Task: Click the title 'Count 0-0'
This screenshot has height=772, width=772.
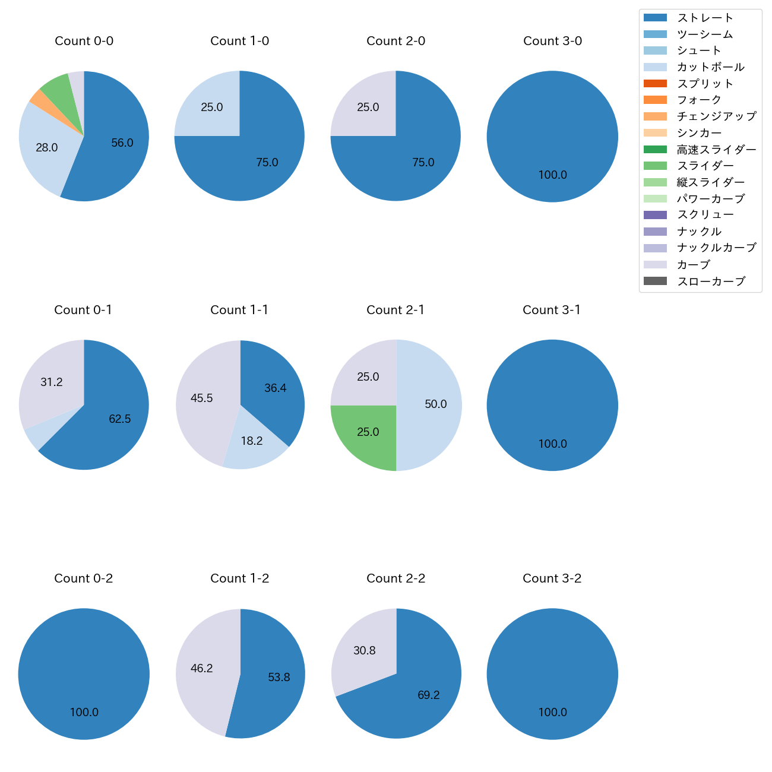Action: point(84,41)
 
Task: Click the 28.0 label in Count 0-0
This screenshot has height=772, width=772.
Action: point(46,148)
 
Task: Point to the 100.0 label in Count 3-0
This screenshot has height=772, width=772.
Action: point(552,175)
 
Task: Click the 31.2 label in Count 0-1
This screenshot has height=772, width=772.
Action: point(52,382)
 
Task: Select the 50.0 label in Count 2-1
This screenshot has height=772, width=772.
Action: point(435,404)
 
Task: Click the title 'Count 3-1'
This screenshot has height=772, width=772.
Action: point(552,310)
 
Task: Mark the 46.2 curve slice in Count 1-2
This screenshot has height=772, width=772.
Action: point(202,669)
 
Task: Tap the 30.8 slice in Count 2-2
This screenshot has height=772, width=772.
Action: point(365,651)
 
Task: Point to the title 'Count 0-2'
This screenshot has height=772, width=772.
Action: point(84,578)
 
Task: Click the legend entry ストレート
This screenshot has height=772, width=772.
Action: point(705,18)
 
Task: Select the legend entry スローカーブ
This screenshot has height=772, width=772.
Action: point(711,281)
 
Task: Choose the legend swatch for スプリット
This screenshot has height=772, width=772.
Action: point(654,84)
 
